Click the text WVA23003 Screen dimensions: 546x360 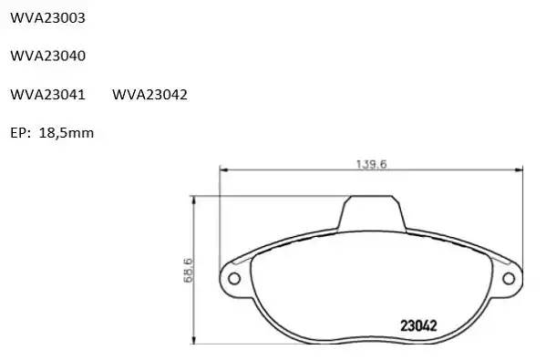(47, 17)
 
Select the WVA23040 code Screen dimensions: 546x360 (47, 56)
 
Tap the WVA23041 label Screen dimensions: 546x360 (47, 95)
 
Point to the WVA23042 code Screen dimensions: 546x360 (149, 95)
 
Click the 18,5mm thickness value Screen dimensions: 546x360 (67, 133)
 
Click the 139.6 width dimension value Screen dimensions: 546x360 (371, 164)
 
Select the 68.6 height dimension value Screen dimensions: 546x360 (188, 270)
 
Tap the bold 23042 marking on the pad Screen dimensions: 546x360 (418, 326)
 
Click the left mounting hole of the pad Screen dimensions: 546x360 (234, 279)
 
